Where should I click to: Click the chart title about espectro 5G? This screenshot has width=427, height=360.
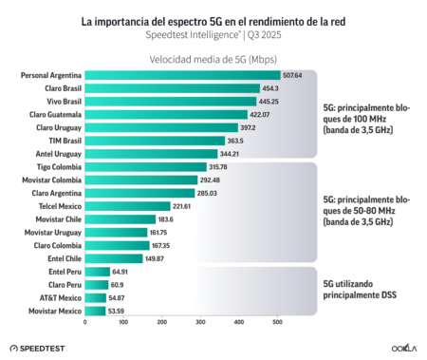(x=213, y=18)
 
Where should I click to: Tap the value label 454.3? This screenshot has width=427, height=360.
(x=273, y=88)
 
